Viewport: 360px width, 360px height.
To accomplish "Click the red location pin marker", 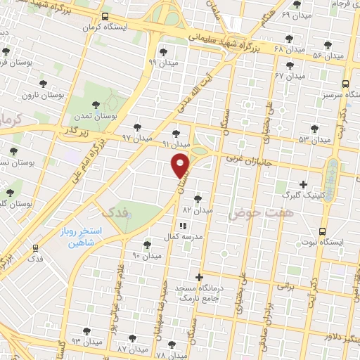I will pyautogui.click(x=181, y=166).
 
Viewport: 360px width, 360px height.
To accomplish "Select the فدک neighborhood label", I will pyautogui.click(x=117, y=211).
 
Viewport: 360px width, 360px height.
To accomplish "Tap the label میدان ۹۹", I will pyautogui.click(x=163, y=62).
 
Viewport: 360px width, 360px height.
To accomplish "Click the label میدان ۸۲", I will pyautogui.click(x=197, y=210).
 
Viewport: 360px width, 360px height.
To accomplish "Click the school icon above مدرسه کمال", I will pyautogui.click(x=182, y=226).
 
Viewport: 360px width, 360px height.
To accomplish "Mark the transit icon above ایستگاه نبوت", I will pyautogui.click(x=323, y=231).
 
